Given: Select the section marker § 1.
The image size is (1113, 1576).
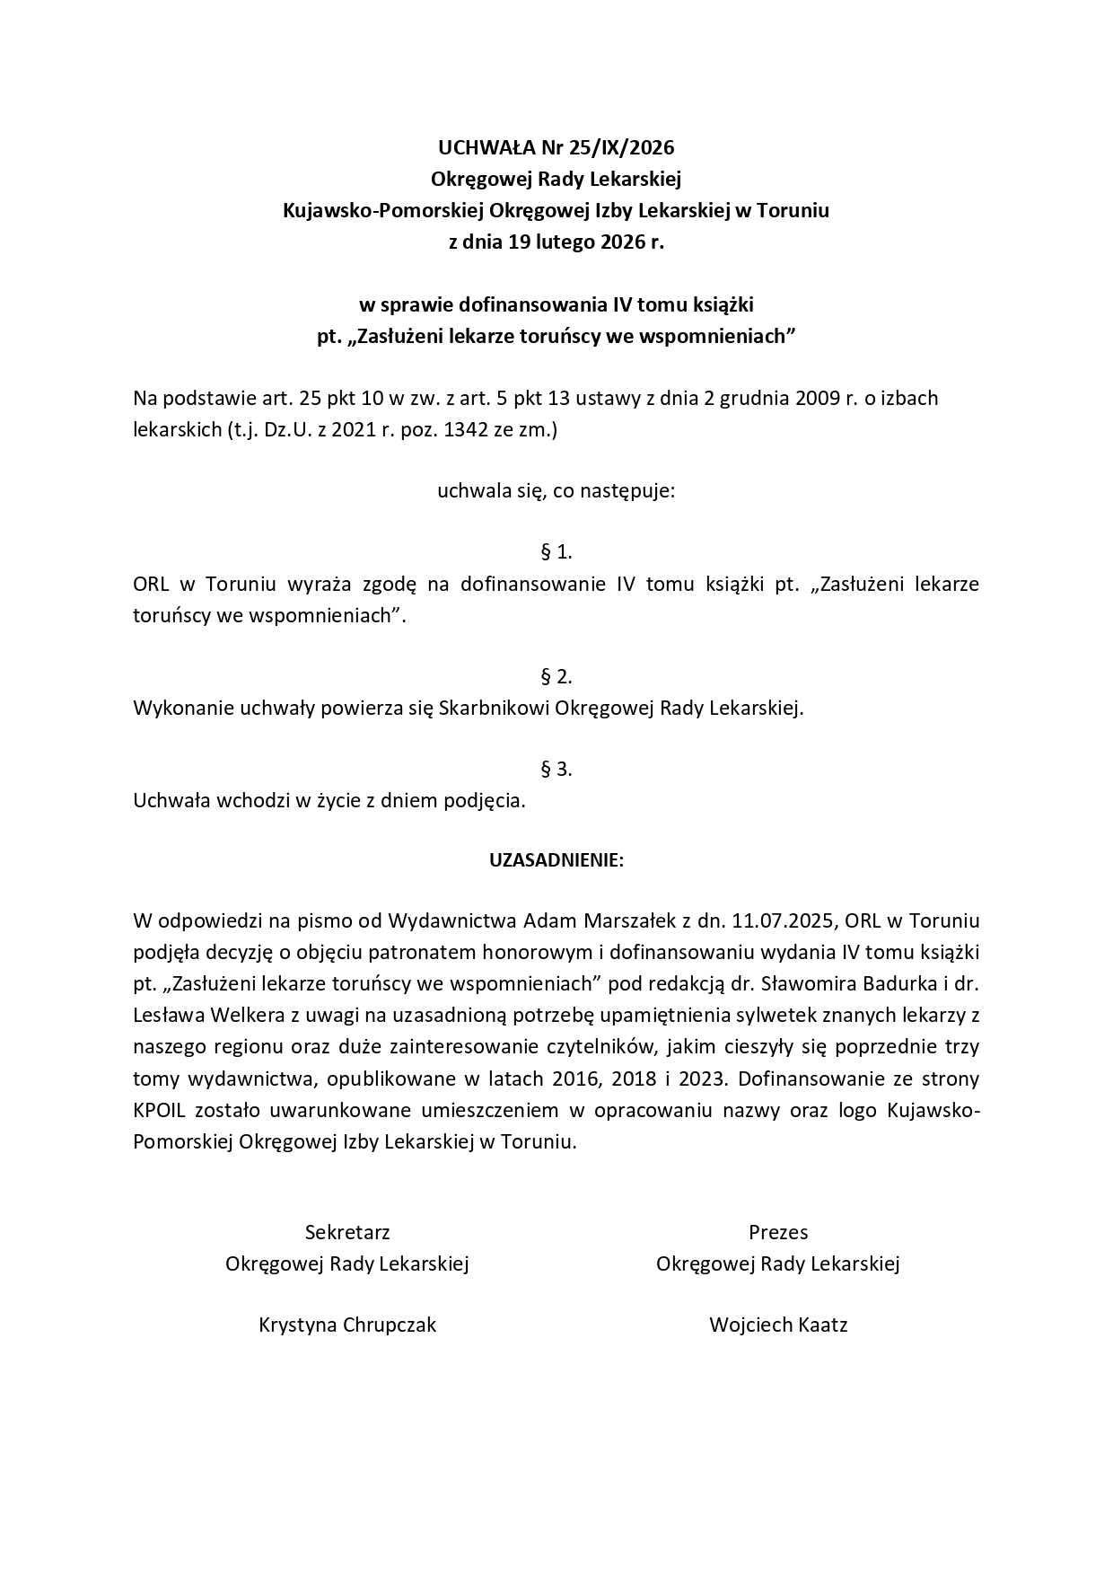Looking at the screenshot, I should tap(556, 551).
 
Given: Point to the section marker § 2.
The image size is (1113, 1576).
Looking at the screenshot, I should tap(556, 676).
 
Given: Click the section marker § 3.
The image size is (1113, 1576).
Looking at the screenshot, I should tap(556, 769).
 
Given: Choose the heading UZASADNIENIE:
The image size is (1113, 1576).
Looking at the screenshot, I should tap(556, 860).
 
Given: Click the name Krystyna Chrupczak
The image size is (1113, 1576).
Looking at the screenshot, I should tap(347, 1325).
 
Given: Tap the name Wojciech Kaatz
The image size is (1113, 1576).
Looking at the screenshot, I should tap(778, 1325).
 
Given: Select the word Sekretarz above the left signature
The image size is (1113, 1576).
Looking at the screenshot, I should tap(347, 1232).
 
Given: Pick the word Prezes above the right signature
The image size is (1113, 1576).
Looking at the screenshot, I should tap(778, 1232).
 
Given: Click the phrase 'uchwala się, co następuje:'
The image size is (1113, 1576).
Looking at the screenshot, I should tap(556, 491).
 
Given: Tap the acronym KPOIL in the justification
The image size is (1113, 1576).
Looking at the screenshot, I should tap(159, 1110).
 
